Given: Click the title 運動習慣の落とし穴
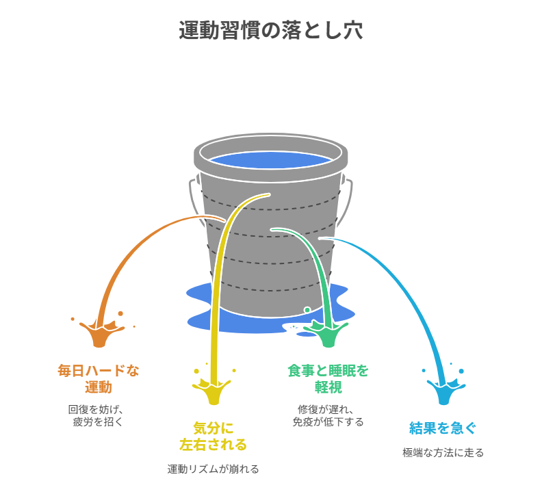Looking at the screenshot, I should pyautogui.click(x=270, y=31).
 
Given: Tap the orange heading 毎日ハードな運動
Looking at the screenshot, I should pyautogui.click(x=98, y=378).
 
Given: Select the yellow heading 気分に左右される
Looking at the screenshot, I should pyautogui.click(x=213, y=437).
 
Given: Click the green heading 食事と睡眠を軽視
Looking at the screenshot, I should pyautogui.click(x=328, y=378).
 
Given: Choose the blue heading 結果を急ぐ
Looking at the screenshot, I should pyautogui.click(x=443, y=428).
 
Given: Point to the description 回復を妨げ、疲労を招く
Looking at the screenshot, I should pyautogui.click(x=98, y=415).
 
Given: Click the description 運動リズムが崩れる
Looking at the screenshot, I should pyautogui.click(x=213, y=469).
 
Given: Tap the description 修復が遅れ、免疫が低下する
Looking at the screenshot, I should pyautogui.click(x=328, y=415).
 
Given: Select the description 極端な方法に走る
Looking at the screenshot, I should pyautogui.click(x=443, y=453).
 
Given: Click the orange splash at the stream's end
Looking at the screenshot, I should pyautogui.click(x=100, y=334).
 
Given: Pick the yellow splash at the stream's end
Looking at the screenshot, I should pyautogui.click(x=213, y=391).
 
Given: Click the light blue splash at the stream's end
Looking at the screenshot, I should pyautogui.click(x=444, y=392).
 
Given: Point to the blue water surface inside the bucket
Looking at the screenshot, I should pyautogui.click(x=270, y=160).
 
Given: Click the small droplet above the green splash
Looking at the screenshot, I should pyautogui.click(x=307, y=310).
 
